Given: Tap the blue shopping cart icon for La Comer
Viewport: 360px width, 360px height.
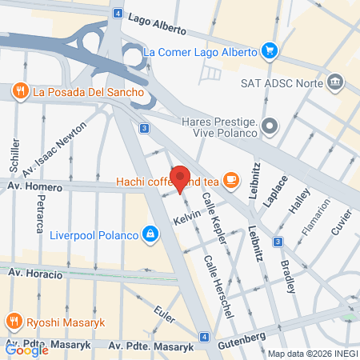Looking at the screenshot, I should [270, 52].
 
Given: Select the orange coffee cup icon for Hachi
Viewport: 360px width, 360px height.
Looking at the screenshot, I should [231, 179].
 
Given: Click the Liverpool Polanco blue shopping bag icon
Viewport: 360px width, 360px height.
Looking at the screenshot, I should [149, 234].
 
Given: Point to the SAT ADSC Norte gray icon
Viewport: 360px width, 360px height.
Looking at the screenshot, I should [335, 81].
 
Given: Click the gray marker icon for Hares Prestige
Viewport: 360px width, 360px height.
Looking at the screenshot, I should [270, 125].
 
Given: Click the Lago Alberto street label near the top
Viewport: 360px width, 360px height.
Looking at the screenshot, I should [155, 24].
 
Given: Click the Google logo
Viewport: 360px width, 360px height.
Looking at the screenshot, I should [27, 350].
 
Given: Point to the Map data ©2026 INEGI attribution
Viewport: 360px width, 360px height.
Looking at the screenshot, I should [312, 354].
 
